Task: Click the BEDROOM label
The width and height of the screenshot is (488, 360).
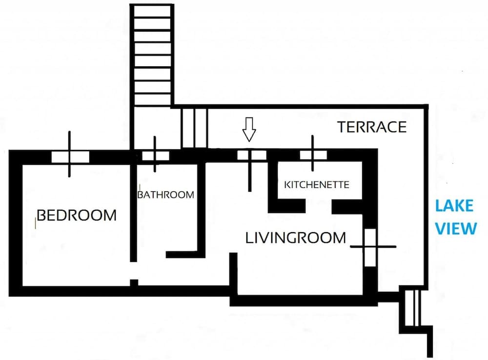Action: click(x=77, y=215)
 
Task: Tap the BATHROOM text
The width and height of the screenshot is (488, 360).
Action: click(x=165, y=195)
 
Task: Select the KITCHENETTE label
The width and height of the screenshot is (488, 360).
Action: click(x=317, y=185)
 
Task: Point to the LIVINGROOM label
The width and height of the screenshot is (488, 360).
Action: click(x=295, y=238)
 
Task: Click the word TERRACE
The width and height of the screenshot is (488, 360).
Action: click(x=372, y=127)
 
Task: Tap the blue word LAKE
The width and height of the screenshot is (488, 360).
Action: click(x=454, y=206)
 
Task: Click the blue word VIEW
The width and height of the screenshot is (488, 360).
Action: click(x=455, y=228)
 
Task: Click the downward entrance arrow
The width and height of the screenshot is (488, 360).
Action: click(x=249, y=130)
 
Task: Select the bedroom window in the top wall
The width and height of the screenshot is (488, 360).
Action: click(x=70, y=156)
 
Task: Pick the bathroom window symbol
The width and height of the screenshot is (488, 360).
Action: click(x=155, y=156)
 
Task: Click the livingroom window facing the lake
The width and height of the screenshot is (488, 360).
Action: click(x=371, y=247)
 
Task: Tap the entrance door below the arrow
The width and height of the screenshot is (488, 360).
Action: click(x=251, y=156)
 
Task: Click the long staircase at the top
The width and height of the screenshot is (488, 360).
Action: click(x=152, y=54)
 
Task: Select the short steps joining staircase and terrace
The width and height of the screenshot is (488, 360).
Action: click(x=194, y=128)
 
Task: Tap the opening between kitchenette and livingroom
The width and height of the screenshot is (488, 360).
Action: click(x=318, y=206)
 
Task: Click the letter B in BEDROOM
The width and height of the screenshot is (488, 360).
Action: click(x=42, y=215)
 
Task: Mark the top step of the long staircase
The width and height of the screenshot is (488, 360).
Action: click(x=152, y=11)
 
